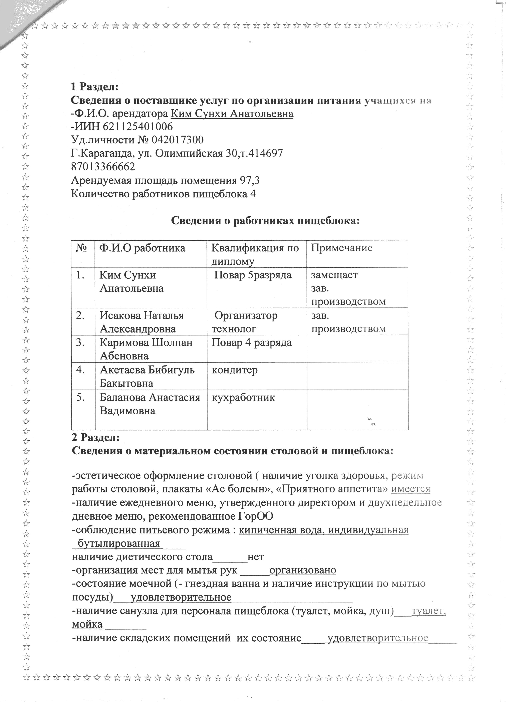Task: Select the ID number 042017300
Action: click(x=178, y=140)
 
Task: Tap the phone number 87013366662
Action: click(x=103, y=167)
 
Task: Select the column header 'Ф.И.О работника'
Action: click(x=142, y=248)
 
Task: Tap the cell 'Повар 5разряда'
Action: click(x=253, y=275)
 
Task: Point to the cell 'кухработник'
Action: click(x=243, y=397)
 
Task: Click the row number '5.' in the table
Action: click(x=81, y=397)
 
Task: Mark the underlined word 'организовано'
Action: click(x=303, y=570)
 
